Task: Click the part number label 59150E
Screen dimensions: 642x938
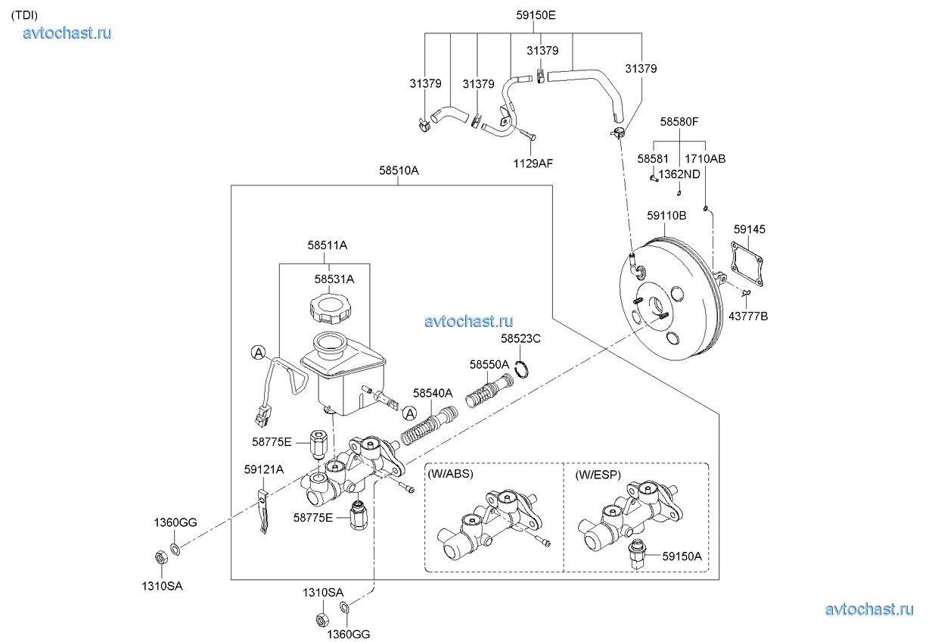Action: (536, 14)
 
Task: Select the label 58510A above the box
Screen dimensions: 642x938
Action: (399, 171)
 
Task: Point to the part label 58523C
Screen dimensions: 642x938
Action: (521, 338)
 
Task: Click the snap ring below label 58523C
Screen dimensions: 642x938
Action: (521, 369)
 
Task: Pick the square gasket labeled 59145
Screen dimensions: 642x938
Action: (747, 263)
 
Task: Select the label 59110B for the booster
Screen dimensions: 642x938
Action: (666, 216)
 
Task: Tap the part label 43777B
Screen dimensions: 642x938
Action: (748, 316)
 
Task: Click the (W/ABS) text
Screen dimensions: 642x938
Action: (451, 475)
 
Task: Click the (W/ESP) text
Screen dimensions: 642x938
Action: (598, 475)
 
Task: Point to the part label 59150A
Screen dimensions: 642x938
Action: (682, 556)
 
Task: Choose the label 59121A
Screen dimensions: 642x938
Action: (264, 469)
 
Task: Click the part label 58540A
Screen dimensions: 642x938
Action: (433, 393)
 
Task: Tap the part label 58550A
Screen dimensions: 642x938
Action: (489, 364)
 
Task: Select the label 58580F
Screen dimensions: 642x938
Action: (679, 121)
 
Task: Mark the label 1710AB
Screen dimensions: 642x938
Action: (705, 159)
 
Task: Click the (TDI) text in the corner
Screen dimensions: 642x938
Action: (24, 14)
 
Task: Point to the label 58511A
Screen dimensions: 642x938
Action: (328, 245)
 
